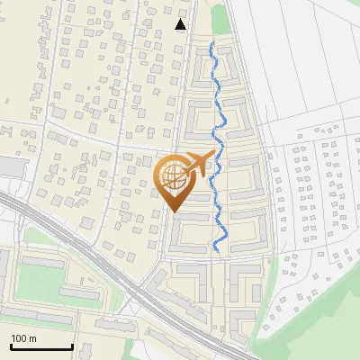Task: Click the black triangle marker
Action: [181, 24]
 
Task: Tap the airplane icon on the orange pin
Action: [199, 163]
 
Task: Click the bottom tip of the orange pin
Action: [175, 212]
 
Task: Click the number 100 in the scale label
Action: [19, 338]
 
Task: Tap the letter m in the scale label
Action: [33, 338]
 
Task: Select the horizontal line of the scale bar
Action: [41, 347]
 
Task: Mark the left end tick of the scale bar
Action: [11, 346]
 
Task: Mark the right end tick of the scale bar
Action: [72, 346]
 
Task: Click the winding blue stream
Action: [217, 135]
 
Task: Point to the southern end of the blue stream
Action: [217, 249]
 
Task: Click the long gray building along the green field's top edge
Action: [45, 261]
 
